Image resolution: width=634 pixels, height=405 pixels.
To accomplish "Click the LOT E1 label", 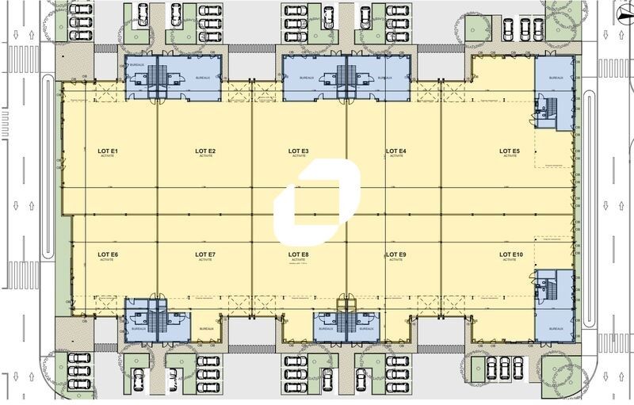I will [108, 151].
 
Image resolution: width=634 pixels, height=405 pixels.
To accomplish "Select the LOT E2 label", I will [206, 151].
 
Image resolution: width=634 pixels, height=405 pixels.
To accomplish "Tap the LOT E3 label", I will [299, 151].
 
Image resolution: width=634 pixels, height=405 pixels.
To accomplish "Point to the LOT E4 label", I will [396, 151].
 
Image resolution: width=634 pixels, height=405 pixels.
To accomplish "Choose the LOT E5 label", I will [510, 151].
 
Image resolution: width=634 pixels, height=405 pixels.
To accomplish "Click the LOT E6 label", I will [108, 254].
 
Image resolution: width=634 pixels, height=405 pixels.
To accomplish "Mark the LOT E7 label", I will [206, 254].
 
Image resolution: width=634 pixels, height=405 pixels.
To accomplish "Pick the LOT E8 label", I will [299, 254].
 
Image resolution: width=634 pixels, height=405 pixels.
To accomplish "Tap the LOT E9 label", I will [396, 254].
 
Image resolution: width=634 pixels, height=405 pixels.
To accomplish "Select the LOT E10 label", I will [511, 254].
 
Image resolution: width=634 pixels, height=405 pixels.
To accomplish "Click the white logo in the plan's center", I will [316, 202].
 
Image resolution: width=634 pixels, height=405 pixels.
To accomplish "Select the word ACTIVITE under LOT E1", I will [108, 157].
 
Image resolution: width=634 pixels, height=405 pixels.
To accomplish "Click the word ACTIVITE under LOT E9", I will [396, 260].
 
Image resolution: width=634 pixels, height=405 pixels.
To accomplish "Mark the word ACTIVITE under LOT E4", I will [396, 157].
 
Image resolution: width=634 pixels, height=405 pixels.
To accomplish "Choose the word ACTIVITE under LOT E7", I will [206, 260].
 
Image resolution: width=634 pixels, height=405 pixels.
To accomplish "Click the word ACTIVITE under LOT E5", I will [510, 157].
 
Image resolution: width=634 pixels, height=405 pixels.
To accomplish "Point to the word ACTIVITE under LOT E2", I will [206, 157].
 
